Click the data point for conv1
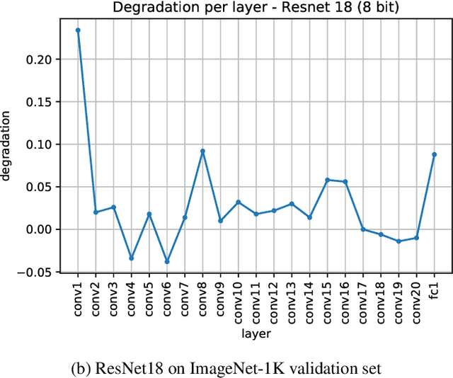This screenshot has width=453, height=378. [78, 30]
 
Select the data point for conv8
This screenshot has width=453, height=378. [202, 151]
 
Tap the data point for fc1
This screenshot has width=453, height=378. [434, 154]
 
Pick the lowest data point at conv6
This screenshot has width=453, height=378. [167, 262]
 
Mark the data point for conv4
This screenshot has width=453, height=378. [131, 258]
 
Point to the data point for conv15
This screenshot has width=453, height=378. [327, 180]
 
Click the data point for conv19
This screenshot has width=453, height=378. [398, 241]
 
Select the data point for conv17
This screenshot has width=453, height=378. [363, 229]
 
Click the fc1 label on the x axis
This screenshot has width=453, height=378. [434, 290]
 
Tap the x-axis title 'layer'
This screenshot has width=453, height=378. [256, 333]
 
